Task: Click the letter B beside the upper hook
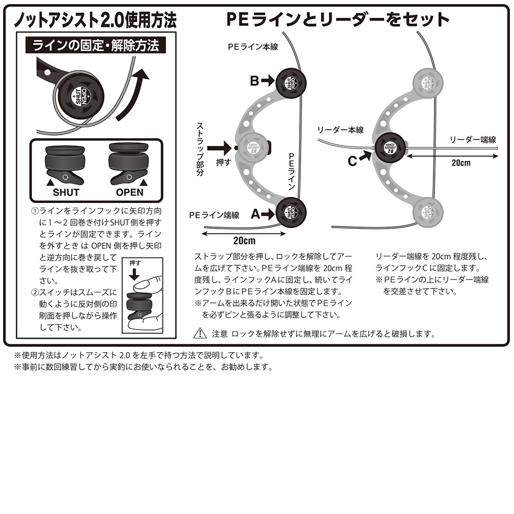click(255, 81)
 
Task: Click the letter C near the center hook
click(352, 161)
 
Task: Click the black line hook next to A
click(291, 212)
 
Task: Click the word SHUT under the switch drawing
click(66, 193)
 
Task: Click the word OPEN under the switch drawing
click(130, 193)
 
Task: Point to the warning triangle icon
click(200, 334)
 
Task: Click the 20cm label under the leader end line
click(461, 163)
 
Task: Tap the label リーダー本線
click(341, 130)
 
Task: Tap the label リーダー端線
click(472, 139)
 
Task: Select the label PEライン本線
click(253, 46)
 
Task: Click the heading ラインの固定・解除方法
click(96, 46)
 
